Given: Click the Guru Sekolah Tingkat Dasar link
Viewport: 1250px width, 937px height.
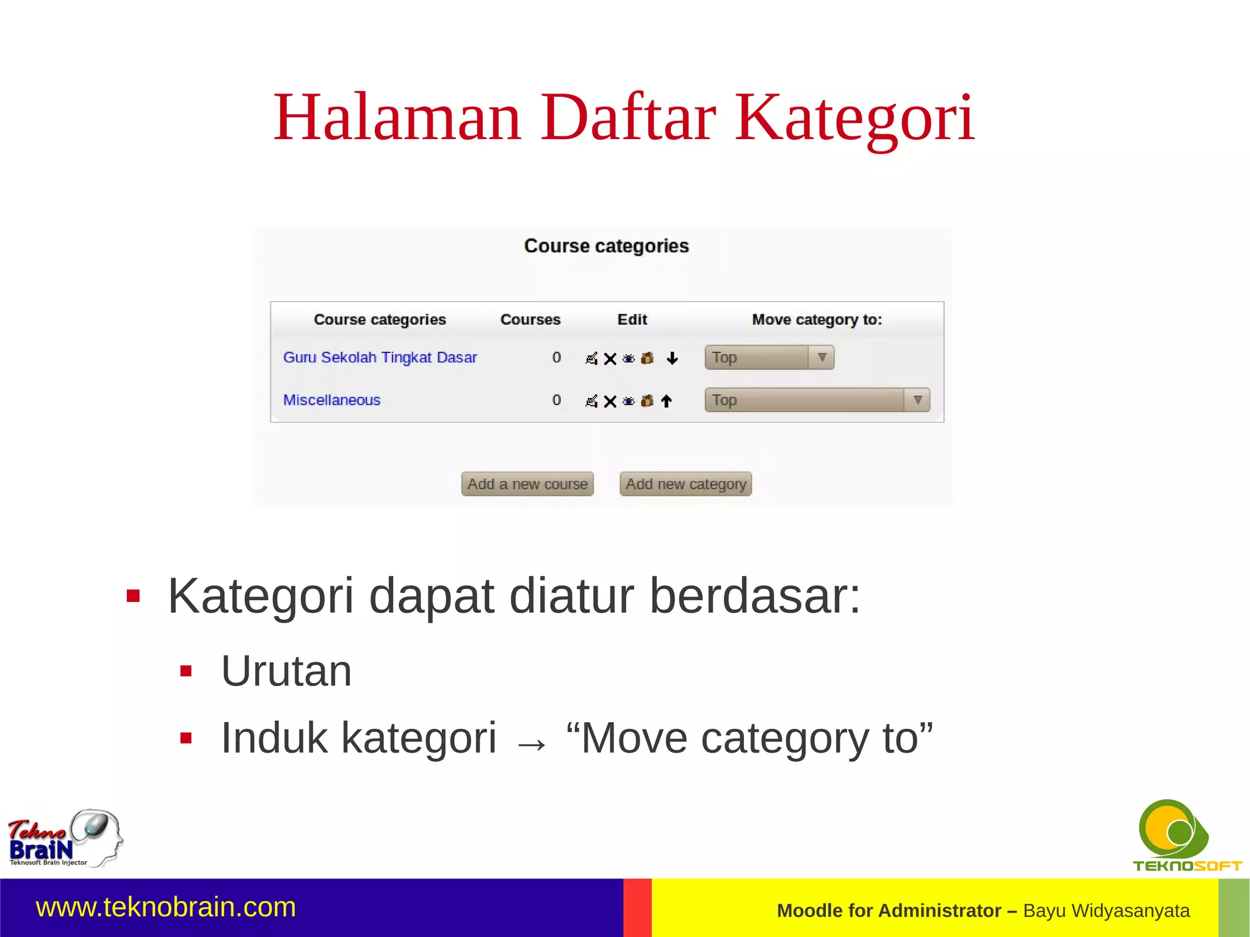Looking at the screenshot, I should point(380,357).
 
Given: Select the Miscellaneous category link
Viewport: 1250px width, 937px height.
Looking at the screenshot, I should point(331,400).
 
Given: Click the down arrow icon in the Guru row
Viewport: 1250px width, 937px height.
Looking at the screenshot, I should point(672,358).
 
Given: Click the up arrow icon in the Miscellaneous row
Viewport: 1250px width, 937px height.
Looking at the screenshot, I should point(667,401).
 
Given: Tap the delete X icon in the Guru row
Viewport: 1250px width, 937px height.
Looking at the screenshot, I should point(610,358).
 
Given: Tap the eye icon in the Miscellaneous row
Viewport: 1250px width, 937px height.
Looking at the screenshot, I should point(629,401).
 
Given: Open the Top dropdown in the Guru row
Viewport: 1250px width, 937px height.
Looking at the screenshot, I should point(769,357).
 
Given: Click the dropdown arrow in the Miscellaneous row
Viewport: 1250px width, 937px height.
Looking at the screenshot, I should point(917,400).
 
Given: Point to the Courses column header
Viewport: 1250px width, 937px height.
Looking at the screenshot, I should point(530,319).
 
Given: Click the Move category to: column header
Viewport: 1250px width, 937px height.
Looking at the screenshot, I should point(817,319).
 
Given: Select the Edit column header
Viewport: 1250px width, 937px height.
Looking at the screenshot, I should point(632,319).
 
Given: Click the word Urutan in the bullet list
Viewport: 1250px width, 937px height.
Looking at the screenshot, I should point(286,671).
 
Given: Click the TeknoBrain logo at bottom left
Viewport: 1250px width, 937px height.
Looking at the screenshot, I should point(64,839).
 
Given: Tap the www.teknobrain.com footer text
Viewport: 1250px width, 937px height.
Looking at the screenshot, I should point(166,907).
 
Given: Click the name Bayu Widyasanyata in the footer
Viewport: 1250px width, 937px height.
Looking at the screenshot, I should point(1106,910).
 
